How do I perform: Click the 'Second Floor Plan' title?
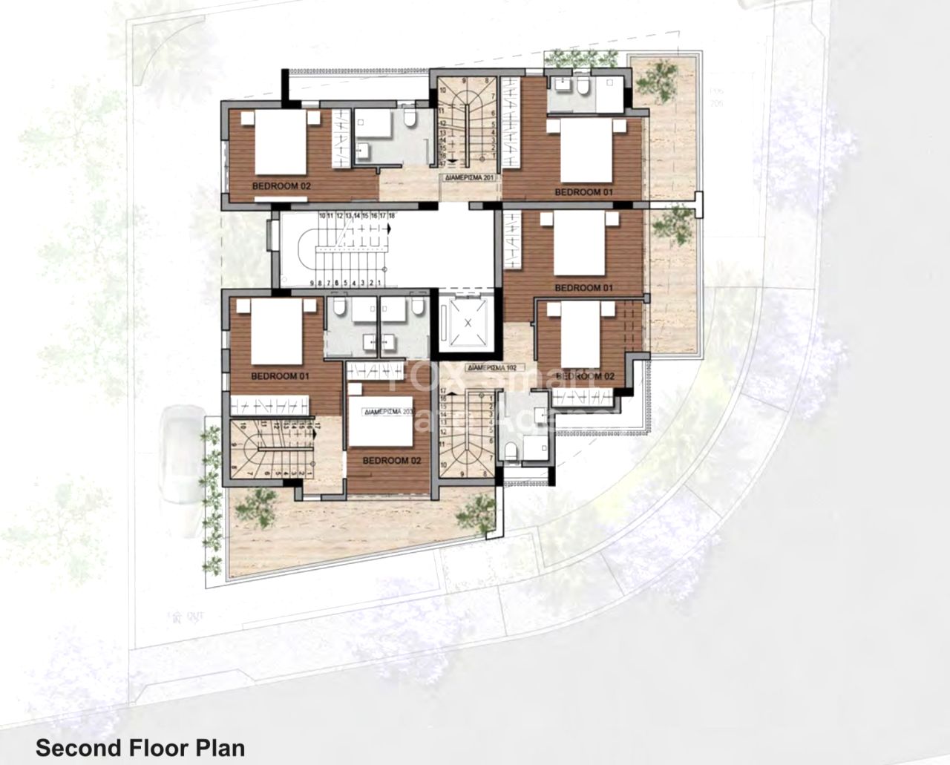pos(140,746)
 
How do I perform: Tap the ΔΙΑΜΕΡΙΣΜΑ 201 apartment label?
pos(466,178)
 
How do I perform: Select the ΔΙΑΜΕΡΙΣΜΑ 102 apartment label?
pos(491,367)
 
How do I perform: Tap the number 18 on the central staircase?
pos(390,215)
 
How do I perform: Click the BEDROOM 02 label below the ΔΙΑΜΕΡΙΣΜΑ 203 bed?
pos(391,461)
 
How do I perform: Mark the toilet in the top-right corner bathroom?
pos(583,89)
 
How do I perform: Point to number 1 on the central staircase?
pos(379,283)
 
